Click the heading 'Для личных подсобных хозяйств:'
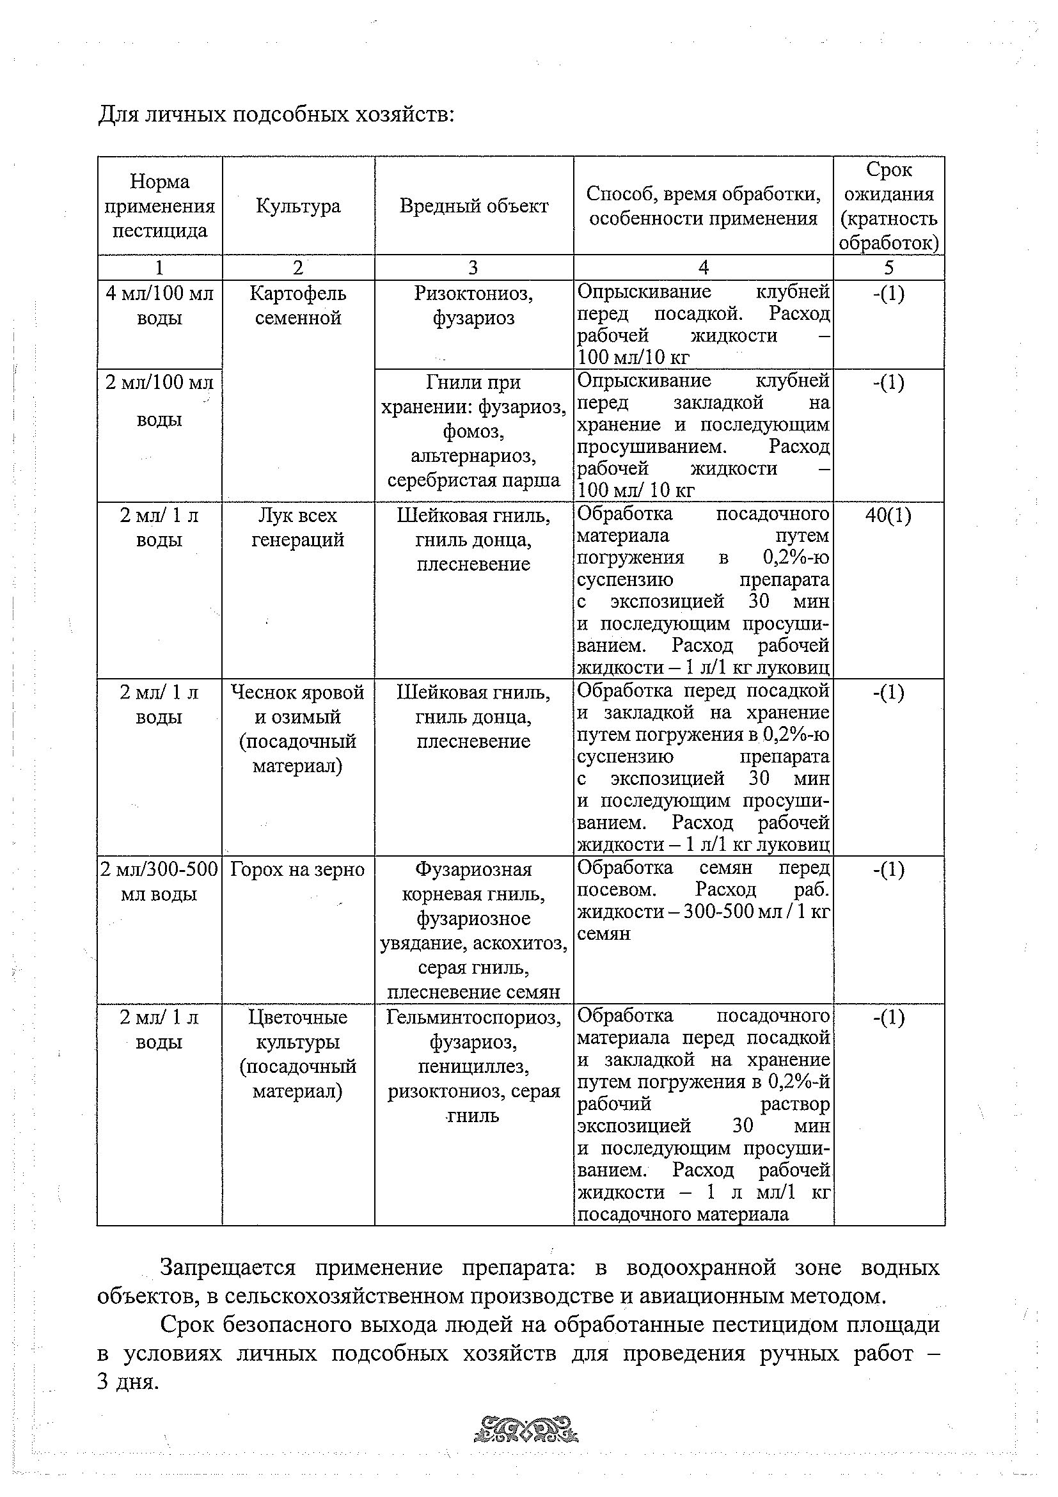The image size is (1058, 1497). (276, 115)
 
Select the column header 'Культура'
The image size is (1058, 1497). (298, 206)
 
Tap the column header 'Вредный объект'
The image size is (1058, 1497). (474, 206)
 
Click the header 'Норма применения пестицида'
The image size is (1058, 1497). (160, 206)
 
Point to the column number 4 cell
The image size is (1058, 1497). (703, 267)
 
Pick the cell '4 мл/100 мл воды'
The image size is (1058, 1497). (160, 306)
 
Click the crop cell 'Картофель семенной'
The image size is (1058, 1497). (298, 306)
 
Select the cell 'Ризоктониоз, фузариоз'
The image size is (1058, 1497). (474, 306)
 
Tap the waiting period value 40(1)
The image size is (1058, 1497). (888, 516)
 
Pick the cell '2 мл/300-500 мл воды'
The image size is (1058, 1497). (159, 882)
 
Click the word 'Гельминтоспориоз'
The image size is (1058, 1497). (474, 1018)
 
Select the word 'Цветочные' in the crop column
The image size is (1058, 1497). (298, 1018)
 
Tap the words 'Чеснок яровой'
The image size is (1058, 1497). (298, 692)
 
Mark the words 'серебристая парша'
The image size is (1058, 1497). (474, 480)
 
